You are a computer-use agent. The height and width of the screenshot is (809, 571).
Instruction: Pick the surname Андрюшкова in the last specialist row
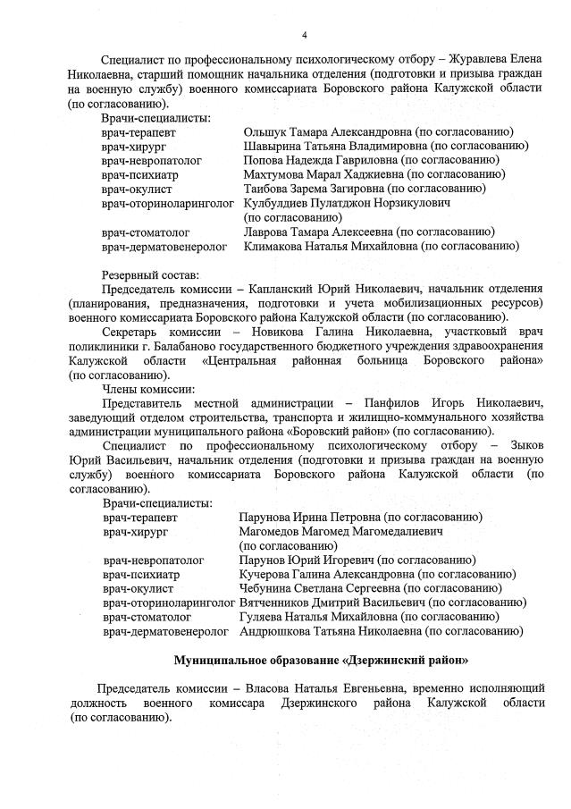[274, 631]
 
